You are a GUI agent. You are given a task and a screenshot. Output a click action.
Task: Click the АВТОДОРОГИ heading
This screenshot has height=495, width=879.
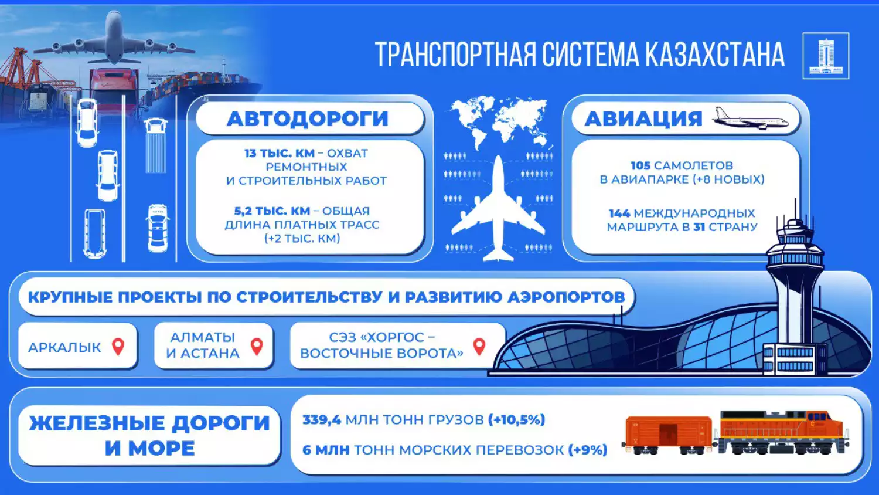[x=307, y=118]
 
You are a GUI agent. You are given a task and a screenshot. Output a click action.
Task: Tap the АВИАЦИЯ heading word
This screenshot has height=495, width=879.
[x=643, y=118]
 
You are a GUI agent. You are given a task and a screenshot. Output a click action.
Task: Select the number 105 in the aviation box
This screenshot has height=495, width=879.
[x=640, y=166]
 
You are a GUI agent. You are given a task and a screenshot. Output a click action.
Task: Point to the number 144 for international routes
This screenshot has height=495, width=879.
[x=619, y=213]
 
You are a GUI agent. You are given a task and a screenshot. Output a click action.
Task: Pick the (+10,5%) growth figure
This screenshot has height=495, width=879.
[x=517, y=420]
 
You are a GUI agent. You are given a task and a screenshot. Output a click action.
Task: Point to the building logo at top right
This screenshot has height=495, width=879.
[x=826, y=56]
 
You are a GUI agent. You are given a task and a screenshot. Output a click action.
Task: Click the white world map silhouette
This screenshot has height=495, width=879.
[x=499, y=123]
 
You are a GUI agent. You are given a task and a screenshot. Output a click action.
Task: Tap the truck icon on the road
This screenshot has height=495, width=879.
[x=156, y=146]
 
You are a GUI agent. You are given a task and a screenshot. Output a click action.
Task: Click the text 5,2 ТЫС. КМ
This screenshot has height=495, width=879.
[x=272, y=211]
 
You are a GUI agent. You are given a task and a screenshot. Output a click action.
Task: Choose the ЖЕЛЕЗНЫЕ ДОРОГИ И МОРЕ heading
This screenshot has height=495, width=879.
[x=149, y=435]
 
